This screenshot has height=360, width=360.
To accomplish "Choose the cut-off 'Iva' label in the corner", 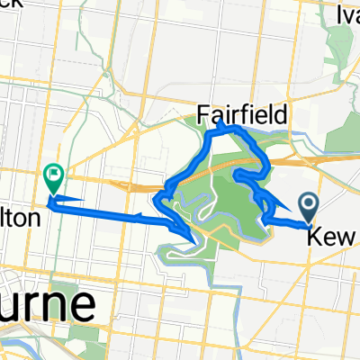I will (347, 14).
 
